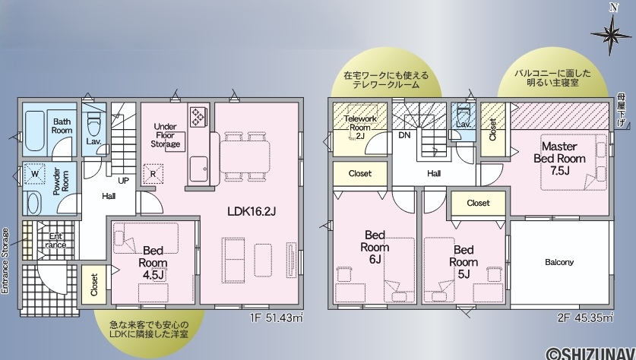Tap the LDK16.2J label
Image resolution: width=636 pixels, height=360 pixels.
coord(252,211)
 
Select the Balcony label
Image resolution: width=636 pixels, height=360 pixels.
coord(559,262)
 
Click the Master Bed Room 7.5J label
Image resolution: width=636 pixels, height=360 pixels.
coord(560,158)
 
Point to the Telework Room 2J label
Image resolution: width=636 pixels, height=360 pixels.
coord(360,128)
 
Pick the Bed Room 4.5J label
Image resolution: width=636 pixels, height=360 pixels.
coord(153,263)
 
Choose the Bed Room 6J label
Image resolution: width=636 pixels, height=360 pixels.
coord(375,247)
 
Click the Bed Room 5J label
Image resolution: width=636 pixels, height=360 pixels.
coord(464,262)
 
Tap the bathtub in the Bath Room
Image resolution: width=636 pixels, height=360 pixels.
coord(33,130)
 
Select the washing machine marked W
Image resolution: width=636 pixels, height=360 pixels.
coord(35,173)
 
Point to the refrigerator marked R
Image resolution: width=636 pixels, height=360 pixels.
coord(153,173)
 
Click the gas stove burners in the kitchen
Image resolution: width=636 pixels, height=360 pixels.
coord(198,117)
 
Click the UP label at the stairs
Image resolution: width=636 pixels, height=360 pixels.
coord(123,181)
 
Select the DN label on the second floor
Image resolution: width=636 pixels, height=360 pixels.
coord(404,135)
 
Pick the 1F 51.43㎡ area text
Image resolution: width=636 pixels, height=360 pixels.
coord(277,318)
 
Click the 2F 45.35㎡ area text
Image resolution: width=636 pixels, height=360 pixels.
coord(585,318)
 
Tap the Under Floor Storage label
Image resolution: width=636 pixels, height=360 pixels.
coord(166,135)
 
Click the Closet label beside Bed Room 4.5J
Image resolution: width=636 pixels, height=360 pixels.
coord(94,285)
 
